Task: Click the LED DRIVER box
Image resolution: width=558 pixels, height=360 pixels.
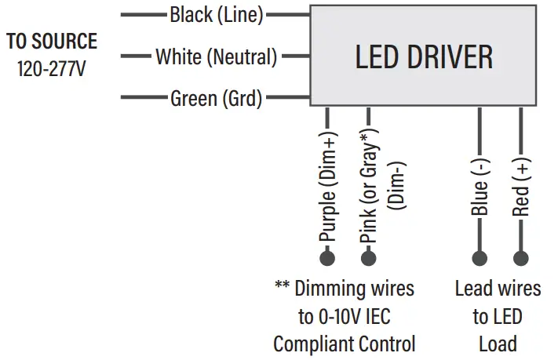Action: point(424,56)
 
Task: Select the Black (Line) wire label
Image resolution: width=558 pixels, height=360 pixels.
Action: point(217,14)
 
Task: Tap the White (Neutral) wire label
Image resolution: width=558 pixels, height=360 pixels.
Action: point(217,56)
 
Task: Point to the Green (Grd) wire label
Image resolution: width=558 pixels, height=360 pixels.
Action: point(217,99)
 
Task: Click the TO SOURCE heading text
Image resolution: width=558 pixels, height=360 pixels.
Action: point(52,42)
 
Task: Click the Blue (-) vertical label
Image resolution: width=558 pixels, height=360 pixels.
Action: point(480,186)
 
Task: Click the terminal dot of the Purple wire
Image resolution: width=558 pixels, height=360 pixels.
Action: point(327,258)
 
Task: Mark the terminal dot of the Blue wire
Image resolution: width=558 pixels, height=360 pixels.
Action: point(480,258)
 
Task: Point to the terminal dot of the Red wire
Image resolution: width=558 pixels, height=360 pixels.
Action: point(520,258)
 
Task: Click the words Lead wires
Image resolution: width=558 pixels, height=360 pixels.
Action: point(498,289)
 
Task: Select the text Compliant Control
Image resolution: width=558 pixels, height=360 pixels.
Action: point(345,344)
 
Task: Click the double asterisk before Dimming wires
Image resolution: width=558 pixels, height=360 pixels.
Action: point(283,287)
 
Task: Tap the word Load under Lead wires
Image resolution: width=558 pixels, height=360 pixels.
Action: point(498,344)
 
